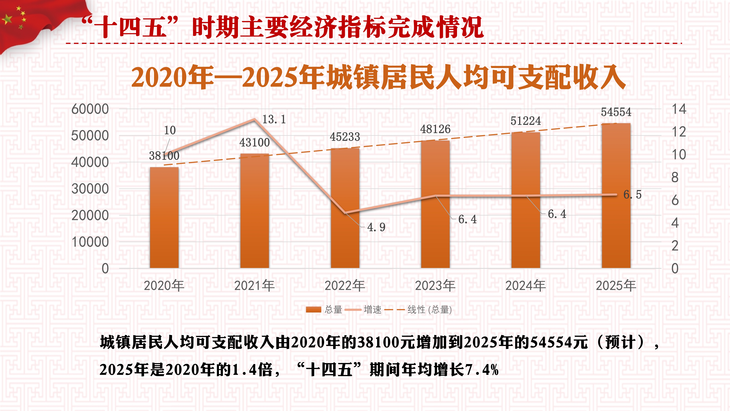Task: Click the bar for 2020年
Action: pyautogui.click(x=164, y=218)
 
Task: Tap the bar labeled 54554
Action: pyautogui.click(x=616, y=196)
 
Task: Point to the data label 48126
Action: pyautogui.click(x=435, y=129)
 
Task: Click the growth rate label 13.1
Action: pyautogui.click(x=274, y=119)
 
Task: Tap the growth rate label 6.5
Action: pyautogui.click(x=632, y=195)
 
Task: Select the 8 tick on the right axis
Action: pyautogui.click(x=675, y=178)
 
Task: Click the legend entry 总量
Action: pyautogui.click(x=324, y=309)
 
